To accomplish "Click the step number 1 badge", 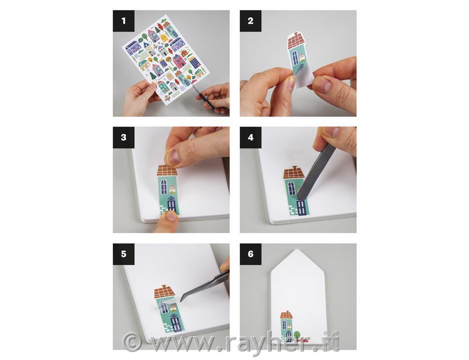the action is pyautogui.click(x=123, y=21).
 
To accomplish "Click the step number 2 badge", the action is pyautogui.click(x=250, y=21).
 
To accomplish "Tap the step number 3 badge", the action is pyautogui.click(x=123, y=137).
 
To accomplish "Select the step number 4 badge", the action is pyautogui.click(x=250, y=137).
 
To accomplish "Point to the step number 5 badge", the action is pyautogui.click(x=123, y=254).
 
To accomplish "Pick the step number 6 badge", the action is pyautogui.click(x=250, y=254).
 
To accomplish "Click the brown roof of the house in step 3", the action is pyautogui.click(x=167, y=170).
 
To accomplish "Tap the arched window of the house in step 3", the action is pyautogui.click(x=164, y=187).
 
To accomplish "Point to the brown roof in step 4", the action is pyautogui.click(x=294, y=172).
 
